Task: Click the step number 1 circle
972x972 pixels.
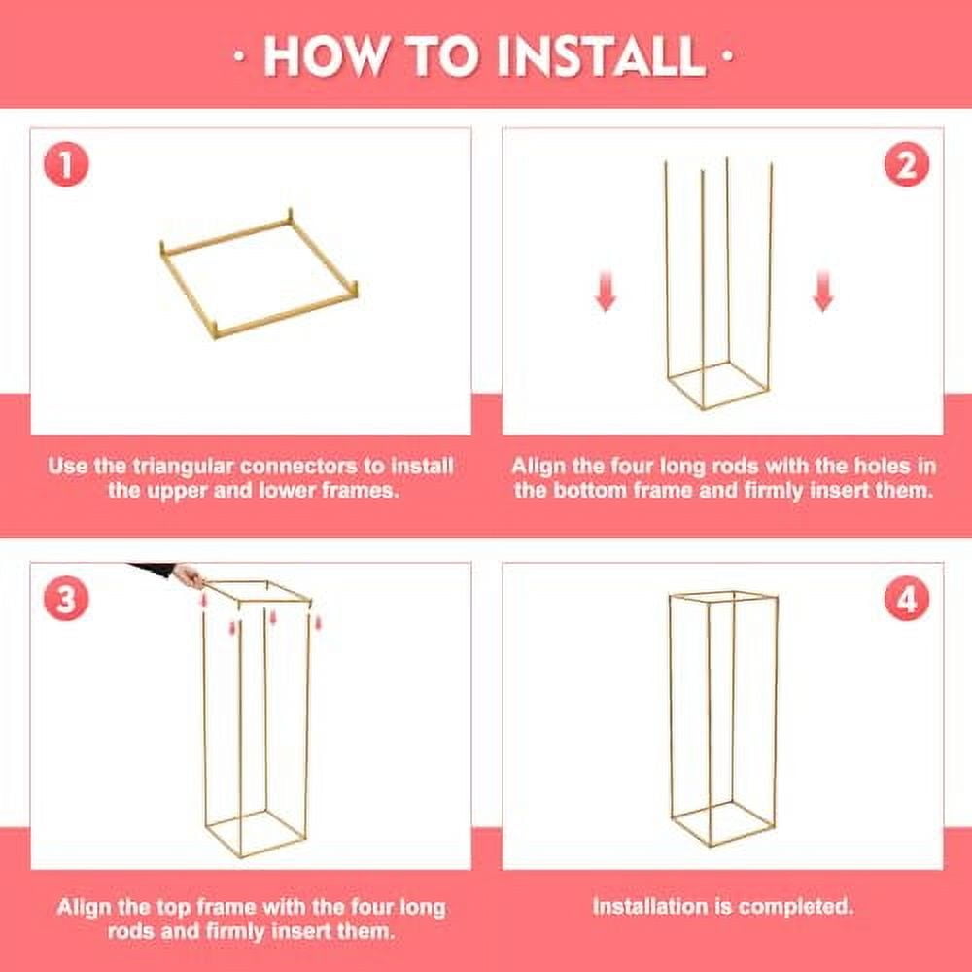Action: pos(66,164)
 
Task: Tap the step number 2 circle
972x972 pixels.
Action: pos(906,164)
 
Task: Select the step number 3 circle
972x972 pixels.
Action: pos(66,599)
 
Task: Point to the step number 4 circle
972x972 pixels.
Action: pos(906,599)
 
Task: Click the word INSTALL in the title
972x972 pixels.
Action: pos(602,56)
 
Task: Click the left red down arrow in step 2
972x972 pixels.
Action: pos(606,291)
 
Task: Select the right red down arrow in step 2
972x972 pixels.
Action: pos(822,291)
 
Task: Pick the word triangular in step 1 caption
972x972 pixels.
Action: pos(184,467)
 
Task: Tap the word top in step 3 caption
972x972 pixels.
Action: pos(173,908)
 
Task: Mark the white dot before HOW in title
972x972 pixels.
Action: pos(240,56)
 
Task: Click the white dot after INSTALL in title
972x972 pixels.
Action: pos(728,56)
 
